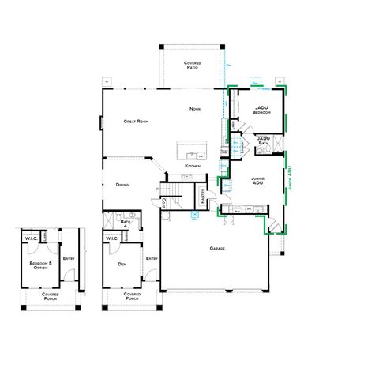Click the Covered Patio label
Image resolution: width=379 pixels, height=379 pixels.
[192, 65]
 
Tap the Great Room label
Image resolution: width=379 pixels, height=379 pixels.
[137, 122]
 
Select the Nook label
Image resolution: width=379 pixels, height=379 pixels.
[194, 108]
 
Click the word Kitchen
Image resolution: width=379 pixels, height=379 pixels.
[193, 167]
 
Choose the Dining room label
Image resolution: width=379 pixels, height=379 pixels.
[122, 184]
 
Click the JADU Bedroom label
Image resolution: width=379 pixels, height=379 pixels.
[262, 111]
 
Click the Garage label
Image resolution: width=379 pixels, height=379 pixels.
[217, 249]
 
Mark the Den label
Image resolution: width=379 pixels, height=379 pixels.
[122, 264]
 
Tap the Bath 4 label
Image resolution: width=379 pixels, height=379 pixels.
[124, 225]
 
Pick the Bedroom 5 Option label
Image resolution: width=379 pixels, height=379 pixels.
[39, 264]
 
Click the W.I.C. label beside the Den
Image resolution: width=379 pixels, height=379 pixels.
[111, 239]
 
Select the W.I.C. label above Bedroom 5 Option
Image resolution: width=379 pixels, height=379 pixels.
[31, 239]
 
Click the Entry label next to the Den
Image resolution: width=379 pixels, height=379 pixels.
[151, 257]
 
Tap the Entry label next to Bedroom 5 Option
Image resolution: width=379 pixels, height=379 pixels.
[69, 257]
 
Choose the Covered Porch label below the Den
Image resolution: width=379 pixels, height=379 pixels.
[132, 297]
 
